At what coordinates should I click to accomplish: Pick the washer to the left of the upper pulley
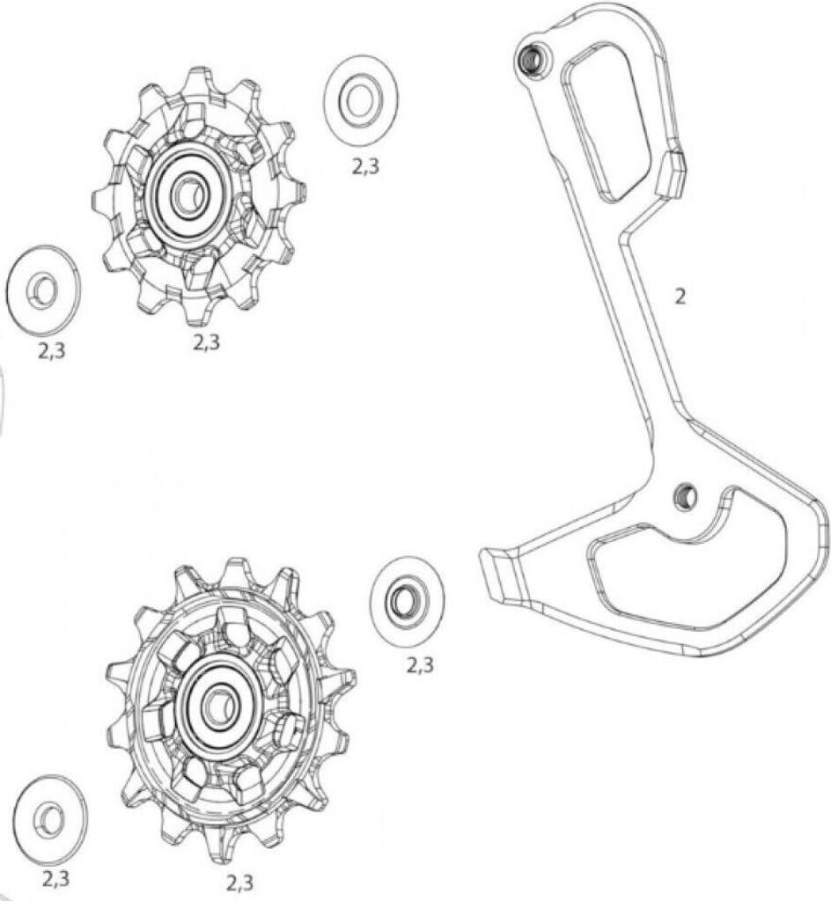[42, 289]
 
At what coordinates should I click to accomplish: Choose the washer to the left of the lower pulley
[50, 818]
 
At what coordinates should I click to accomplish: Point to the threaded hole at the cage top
[532, 60]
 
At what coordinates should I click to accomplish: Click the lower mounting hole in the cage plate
[682, 496]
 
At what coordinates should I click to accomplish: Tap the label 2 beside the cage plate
[680, 297]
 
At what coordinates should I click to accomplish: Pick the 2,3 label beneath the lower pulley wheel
[240, 882]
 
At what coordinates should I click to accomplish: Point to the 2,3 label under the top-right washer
[366, 166]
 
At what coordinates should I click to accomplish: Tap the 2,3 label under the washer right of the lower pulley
[419, 665]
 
